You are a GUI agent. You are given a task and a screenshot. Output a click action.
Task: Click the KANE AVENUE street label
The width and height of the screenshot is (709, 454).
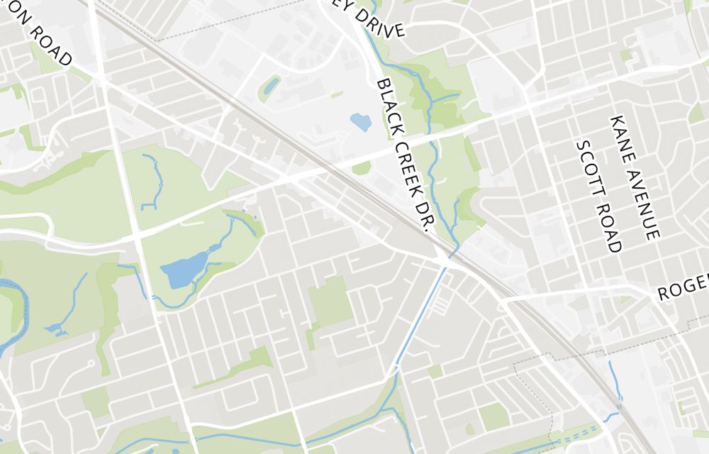coord(635,177)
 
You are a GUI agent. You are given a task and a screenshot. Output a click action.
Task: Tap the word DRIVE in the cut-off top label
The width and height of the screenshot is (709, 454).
coord(380,23)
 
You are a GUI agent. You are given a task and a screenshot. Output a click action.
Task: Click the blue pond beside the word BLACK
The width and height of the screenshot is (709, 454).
coord(360,123)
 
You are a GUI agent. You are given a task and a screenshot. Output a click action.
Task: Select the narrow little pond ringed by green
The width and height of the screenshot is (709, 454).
coord(270,87)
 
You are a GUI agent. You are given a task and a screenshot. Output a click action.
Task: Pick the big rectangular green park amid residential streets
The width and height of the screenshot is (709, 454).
coord(331,301)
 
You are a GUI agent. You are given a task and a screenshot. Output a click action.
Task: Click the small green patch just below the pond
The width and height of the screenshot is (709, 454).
coord(362,168)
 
